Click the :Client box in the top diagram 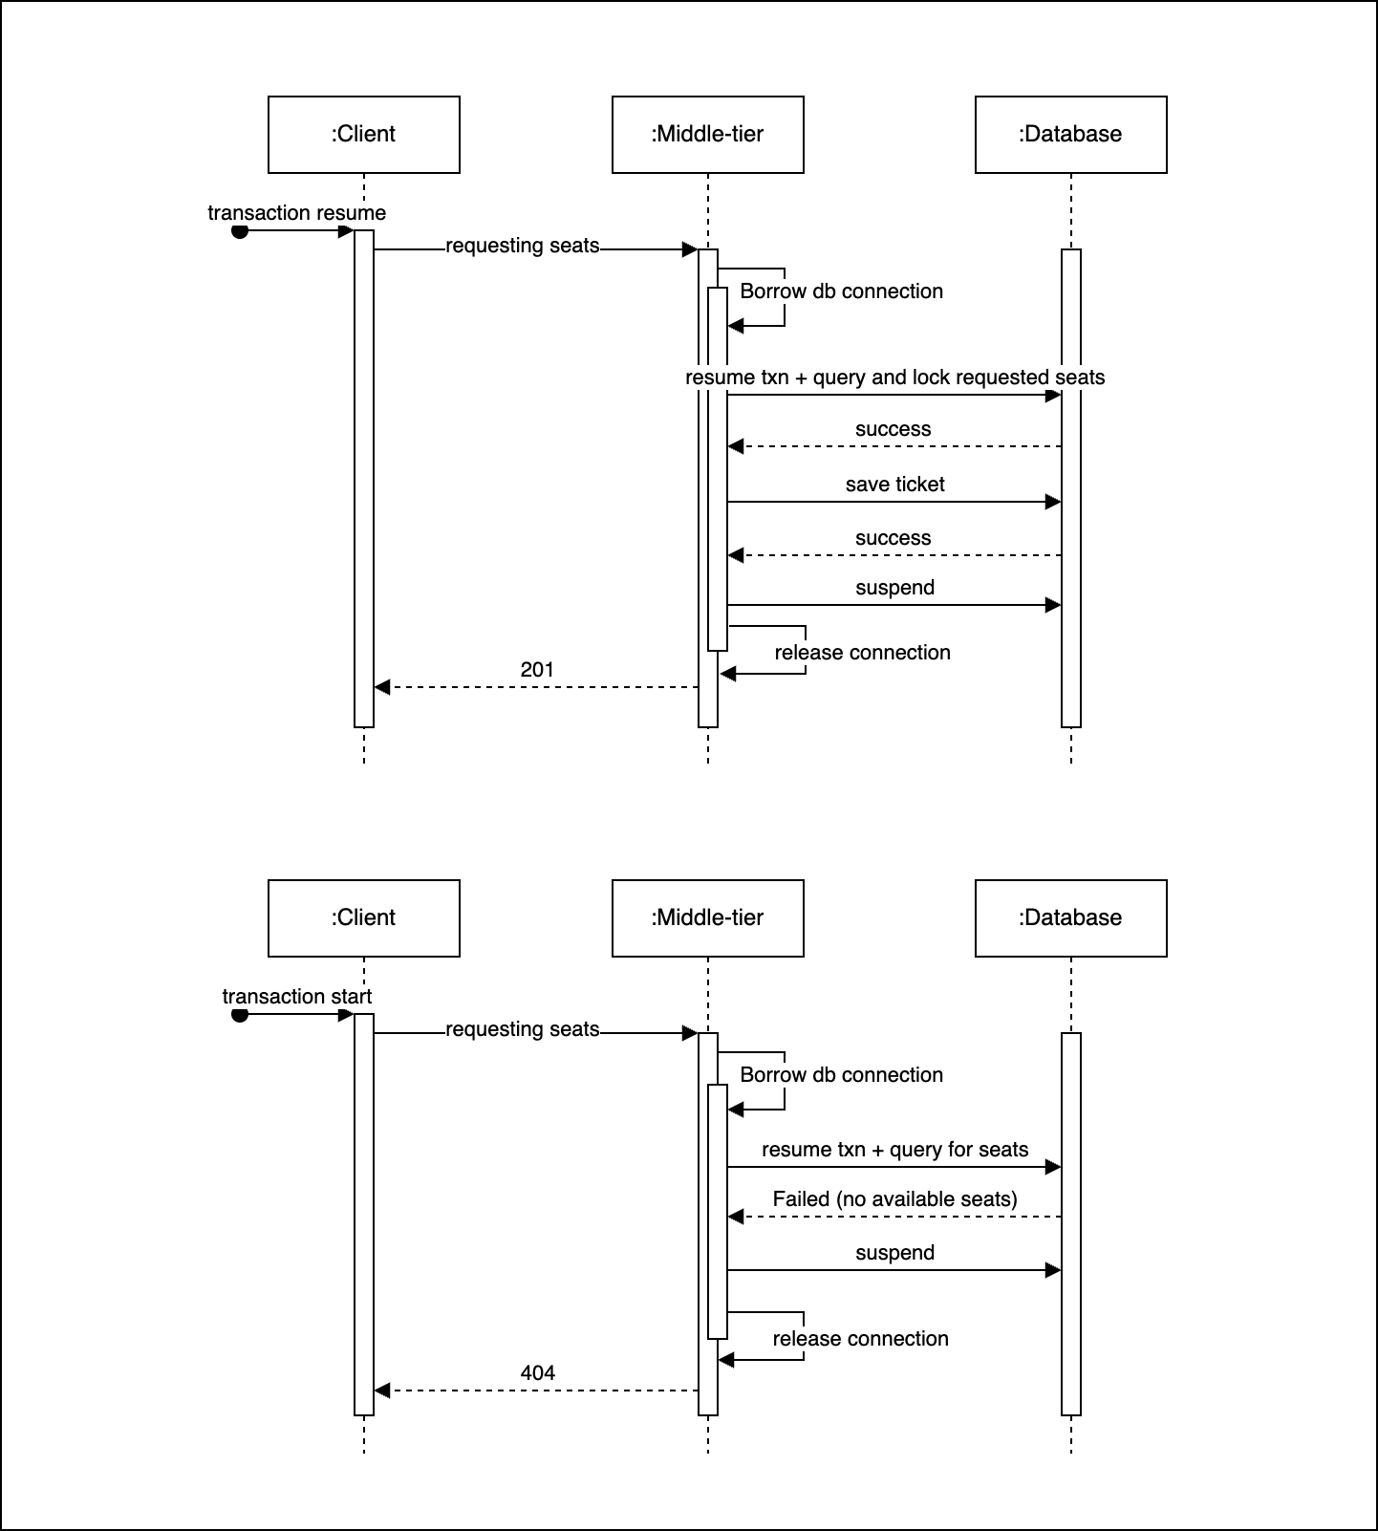[363, 134]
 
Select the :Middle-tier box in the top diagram [707, 134]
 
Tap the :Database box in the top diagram [1070, 134]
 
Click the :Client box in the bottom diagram [363, 917]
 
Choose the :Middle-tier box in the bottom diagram [707, 917]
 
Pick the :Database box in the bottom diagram [1070, 917]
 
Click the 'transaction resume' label [296, 213]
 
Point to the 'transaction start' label [296, 997]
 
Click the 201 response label [537, 670]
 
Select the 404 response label [537, 1373]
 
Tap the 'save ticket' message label [894, 485]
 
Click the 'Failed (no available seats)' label [894, 1199]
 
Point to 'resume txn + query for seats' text [894, 1150]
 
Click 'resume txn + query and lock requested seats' [894, 377]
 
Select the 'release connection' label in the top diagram [862, 653]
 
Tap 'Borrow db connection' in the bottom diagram [841, 1075]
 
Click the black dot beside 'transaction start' [240, 1015]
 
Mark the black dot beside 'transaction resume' [240, 231]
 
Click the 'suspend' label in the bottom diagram [894, 1253]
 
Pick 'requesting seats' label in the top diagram [522, 246]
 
